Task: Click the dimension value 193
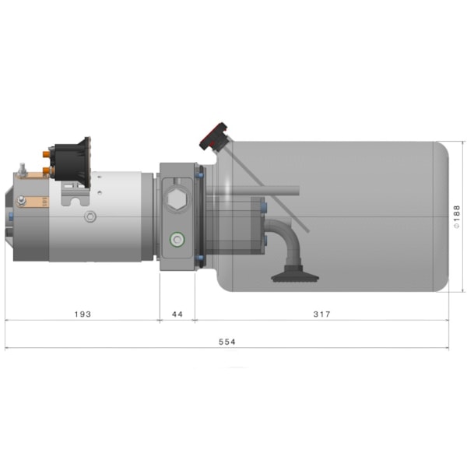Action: (x=83, y=314)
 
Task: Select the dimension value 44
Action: (x=177, y=314)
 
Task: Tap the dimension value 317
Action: (x=321, y=314)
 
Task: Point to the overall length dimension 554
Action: (x=226, y=342)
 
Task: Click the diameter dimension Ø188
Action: (x=457, y=216)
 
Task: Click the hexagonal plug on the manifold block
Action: (x=177, y=202)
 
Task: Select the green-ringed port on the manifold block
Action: (x=177, y=240)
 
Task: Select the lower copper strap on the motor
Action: (x=31, y=205)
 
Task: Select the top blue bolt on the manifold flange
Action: (x=199, y=174)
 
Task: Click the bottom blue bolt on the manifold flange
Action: (x=199, y=258)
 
